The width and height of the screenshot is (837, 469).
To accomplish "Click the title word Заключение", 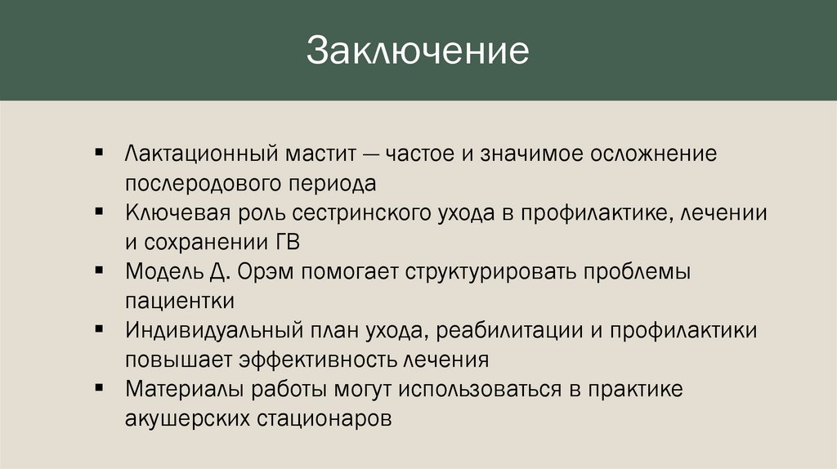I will click(x=418, y=51).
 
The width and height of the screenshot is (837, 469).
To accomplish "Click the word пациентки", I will click(x=180, y=300).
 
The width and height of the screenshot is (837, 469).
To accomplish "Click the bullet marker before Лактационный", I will click(x=99, y=152).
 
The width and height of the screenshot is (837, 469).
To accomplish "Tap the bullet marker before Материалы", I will click(x=99, y=387).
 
